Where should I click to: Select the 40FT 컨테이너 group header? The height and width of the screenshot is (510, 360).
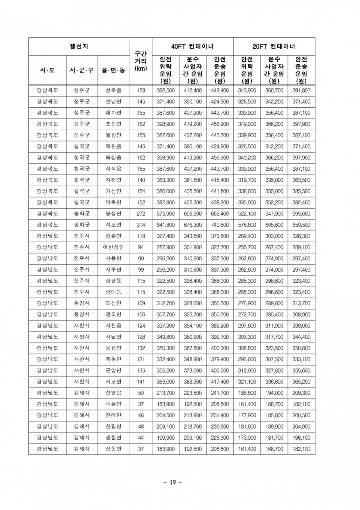point(192,47)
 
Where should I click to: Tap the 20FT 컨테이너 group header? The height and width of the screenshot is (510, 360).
point(274,47)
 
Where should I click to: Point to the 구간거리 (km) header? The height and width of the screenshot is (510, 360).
point(141,61)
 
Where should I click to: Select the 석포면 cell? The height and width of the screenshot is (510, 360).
point(113,225)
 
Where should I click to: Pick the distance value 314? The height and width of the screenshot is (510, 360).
point(141,225)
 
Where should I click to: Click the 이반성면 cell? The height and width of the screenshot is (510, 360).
point(113,247)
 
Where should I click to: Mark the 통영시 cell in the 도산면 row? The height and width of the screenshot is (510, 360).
point(81,303)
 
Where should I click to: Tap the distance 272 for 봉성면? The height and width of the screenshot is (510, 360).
point(141,214)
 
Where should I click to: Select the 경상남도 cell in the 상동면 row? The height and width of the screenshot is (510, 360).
point(47,449)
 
